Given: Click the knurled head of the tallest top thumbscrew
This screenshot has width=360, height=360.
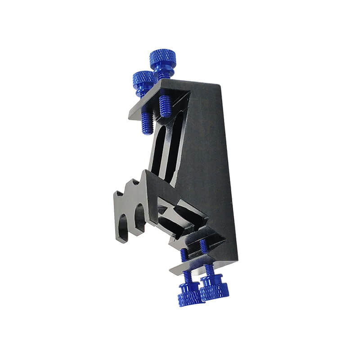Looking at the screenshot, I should pyautogui.click(x=162, y=58).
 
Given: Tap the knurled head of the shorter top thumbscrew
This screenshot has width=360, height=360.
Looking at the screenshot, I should pyautogui.click(x=144, y=80).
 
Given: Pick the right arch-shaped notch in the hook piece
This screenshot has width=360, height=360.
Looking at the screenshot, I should pyautogui.click(x=140, y=216).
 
